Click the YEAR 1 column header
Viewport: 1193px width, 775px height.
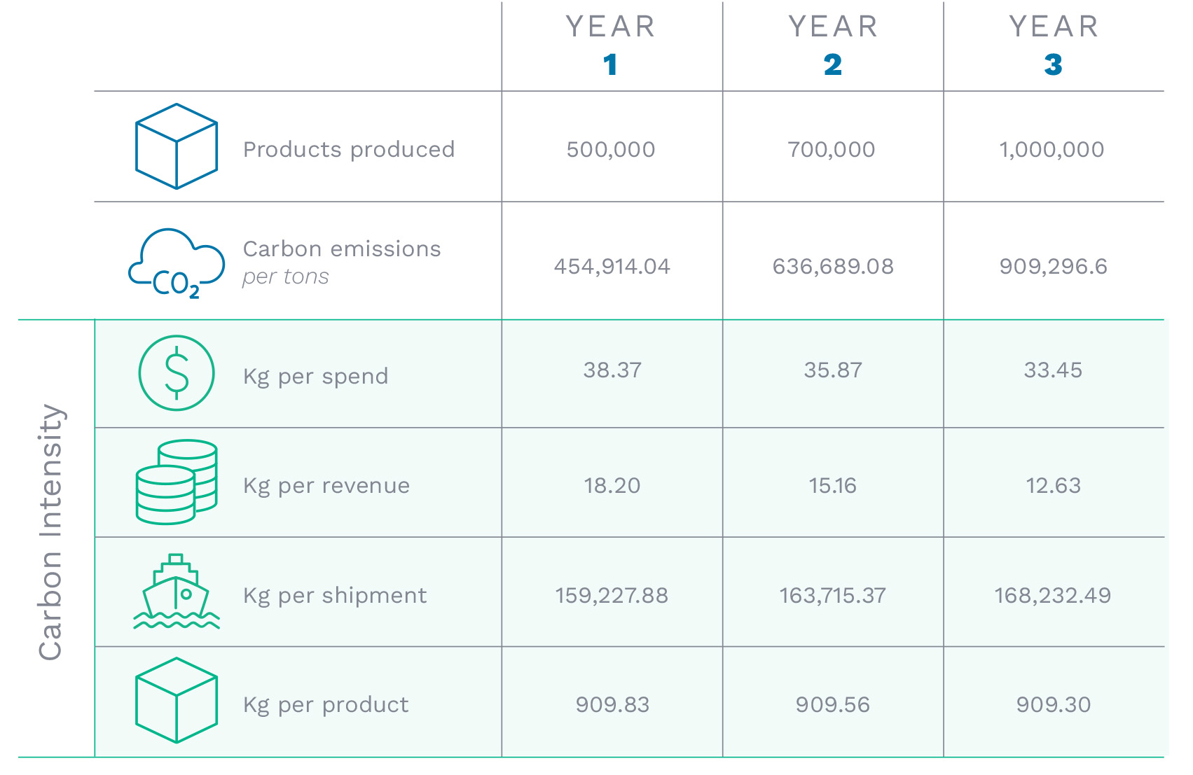click(611, 46)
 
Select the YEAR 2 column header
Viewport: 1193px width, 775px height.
click(833, 46)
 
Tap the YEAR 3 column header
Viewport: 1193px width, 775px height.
click(1054, 46)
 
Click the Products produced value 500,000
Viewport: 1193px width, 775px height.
click(611, 149)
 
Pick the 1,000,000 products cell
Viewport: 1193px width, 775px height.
click(1051, 149)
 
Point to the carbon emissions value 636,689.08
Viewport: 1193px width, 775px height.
click(833, 266)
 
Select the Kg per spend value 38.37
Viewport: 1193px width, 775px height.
click(612, 370)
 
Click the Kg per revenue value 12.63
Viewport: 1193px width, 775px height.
click(1053, 485)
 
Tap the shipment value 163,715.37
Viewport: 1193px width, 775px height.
click(833, 595)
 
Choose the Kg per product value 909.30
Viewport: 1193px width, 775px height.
click(1054, 704)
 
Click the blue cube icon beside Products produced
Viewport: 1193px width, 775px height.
click(177, 146)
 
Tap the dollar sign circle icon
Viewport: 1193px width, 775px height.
click(177, 372)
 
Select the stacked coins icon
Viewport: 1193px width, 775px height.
click(177, 482)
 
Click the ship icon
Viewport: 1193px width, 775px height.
click(177, 592)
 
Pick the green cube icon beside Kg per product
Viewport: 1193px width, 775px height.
click(177, 700)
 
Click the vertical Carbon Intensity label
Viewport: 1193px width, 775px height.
click(50, 532)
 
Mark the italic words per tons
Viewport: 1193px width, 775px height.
click(286, 277)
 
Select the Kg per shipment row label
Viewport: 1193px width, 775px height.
click(335, 595)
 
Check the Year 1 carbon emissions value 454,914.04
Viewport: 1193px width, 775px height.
click(612, 266)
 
